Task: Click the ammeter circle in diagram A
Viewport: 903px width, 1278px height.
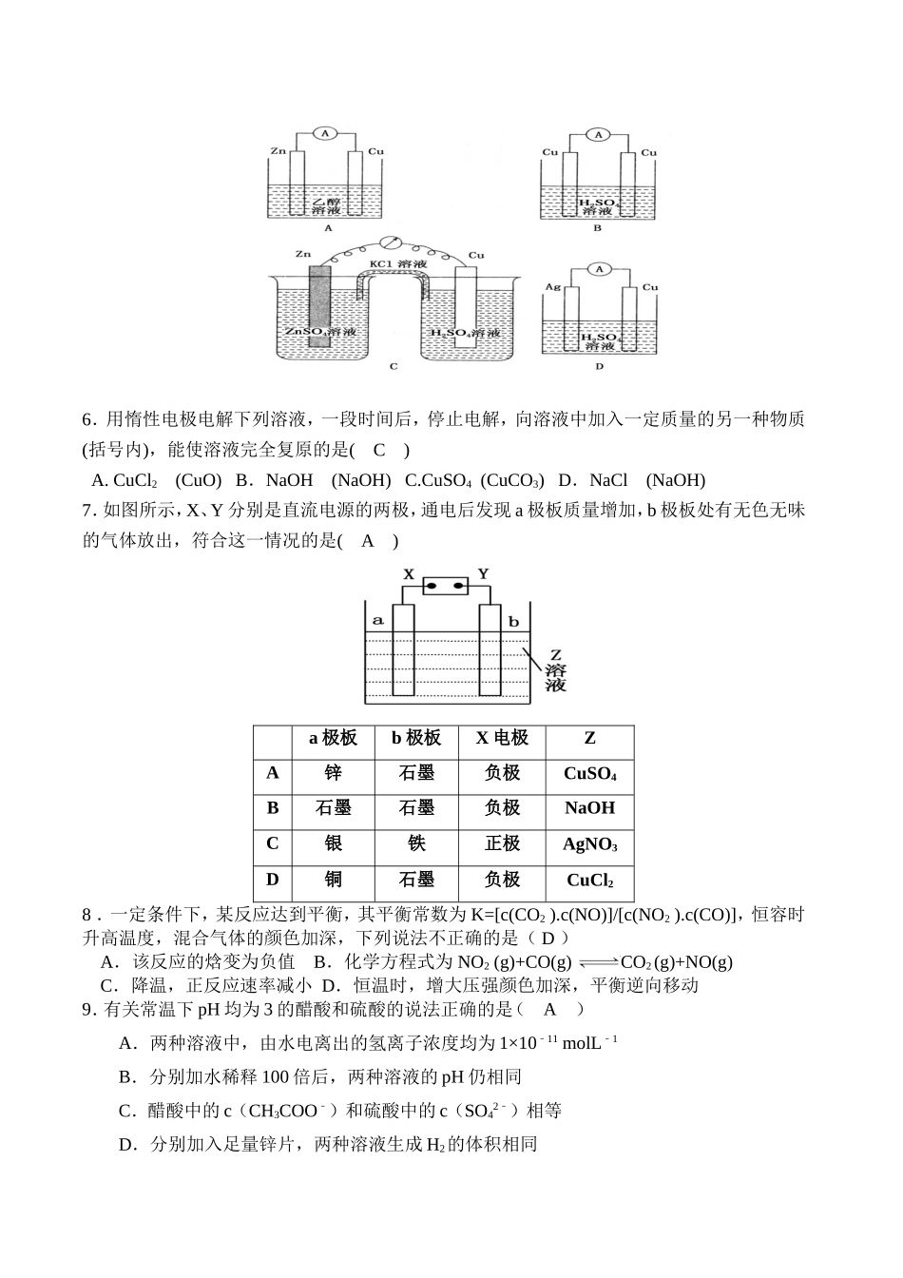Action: pos(324,134)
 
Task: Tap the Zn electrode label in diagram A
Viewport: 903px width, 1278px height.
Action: pos(278,151)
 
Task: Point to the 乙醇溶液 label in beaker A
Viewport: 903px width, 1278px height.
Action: pos(327,205)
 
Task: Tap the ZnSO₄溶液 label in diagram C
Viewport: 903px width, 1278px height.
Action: pos(320,333)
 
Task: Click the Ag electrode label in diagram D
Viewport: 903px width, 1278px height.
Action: pos(551,286)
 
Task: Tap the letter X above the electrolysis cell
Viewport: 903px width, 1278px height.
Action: pos(409,574)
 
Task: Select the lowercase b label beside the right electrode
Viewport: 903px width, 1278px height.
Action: pos(513,622)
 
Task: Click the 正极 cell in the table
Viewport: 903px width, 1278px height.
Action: pos(502,843)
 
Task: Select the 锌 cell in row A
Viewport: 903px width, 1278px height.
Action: pos(332,773)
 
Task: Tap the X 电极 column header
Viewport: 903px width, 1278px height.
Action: pos(502,738)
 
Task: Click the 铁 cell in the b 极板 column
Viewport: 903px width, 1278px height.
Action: pos(416,843)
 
